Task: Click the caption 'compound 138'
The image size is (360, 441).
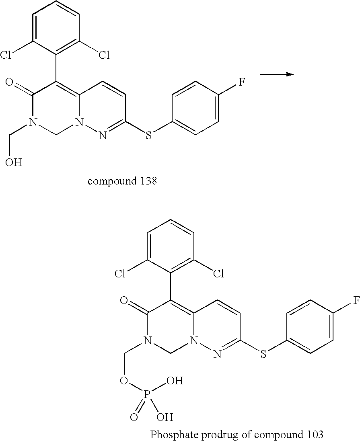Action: tap(122, 181)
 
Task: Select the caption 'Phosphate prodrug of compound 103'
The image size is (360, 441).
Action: tap(237, 434)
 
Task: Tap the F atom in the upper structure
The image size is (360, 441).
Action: tap(242, 83)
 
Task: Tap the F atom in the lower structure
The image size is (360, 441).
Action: tap(356, 301)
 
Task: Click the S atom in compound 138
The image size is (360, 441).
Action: tap(149, 135)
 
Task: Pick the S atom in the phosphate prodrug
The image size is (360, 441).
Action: tap(263, 354)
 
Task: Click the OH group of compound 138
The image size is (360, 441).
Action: tap(14, 163)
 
